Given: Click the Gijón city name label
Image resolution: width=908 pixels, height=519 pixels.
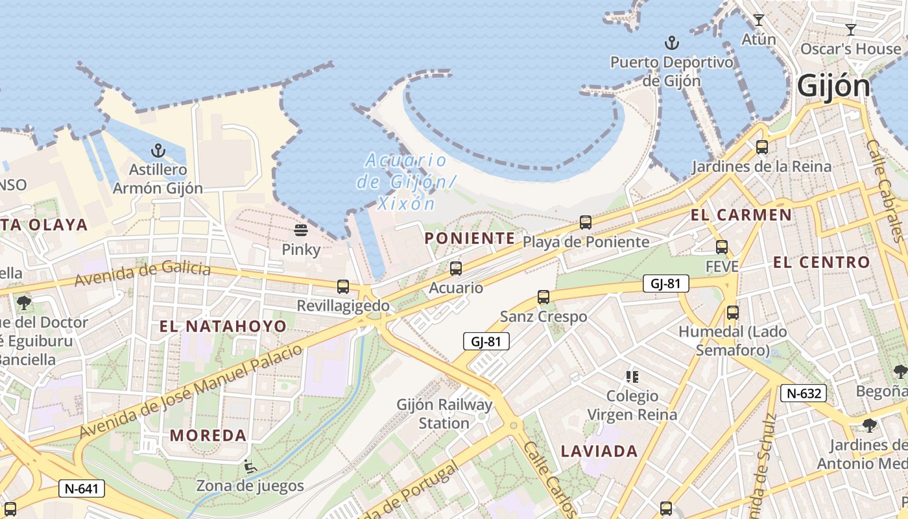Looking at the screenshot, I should coord(833,86).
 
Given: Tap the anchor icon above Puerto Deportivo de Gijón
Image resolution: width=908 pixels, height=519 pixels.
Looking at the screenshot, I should coord(672,43).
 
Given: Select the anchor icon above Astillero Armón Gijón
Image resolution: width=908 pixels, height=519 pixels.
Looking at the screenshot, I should coord(158,151).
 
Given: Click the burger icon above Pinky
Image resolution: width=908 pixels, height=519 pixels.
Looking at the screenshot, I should coord(300,230).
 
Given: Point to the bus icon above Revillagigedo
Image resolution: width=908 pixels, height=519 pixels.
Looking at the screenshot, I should coord(343,286).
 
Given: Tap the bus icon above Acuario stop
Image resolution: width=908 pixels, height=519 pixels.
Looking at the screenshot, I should coord(456,268).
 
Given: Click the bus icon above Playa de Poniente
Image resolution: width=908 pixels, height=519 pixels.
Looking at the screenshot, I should coord(586,223).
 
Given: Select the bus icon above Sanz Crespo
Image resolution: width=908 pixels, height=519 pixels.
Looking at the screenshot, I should coord(544,297).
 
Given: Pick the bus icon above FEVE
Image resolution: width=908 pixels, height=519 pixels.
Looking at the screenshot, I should coord(722,247).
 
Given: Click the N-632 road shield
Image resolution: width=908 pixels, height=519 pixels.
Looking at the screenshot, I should coord(804,392).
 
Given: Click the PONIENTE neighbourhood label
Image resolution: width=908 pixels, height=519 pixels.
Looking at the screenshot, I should coord(470,238).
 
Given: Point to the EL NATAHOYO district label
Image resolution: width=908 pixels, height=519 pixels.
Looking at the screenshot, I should coord(222,326).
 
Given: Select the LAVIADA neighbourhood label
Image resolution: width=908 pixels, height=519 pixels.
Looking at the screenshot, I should coord(599,452).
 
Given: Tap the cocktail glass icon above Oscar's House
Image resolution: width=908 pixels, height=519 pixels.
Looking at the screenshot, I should coord(851,30).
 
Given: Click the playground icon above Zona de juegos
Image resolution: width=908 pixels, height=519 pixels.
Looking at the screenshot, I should coord(250,466).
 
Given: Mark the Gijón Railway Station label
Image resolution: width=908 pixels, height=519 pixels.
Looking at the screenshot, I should coord(444,414).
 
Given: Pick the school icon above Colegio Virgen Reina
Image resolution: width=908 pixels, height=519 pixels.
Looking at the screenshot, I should coord(632,376).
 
